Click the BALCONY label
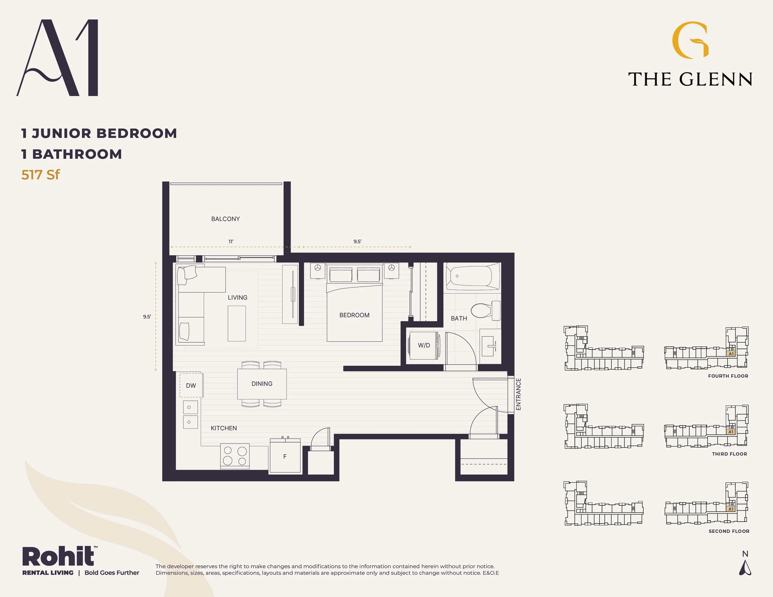225,219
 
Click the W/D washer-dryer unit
423,345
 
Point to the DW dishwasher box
191,385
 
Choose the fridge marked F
285,456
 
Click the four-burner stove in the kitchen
235,456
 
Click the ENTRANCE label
519,394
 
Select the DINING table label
262,384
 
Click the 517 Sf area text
41,175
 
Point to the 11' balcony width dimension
231,242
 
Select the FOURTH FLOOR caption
728,376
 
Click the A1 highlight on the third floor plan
731,432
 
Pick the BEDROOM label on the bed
354,315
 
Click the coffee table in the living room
237,323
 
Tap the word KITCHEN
224,428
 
